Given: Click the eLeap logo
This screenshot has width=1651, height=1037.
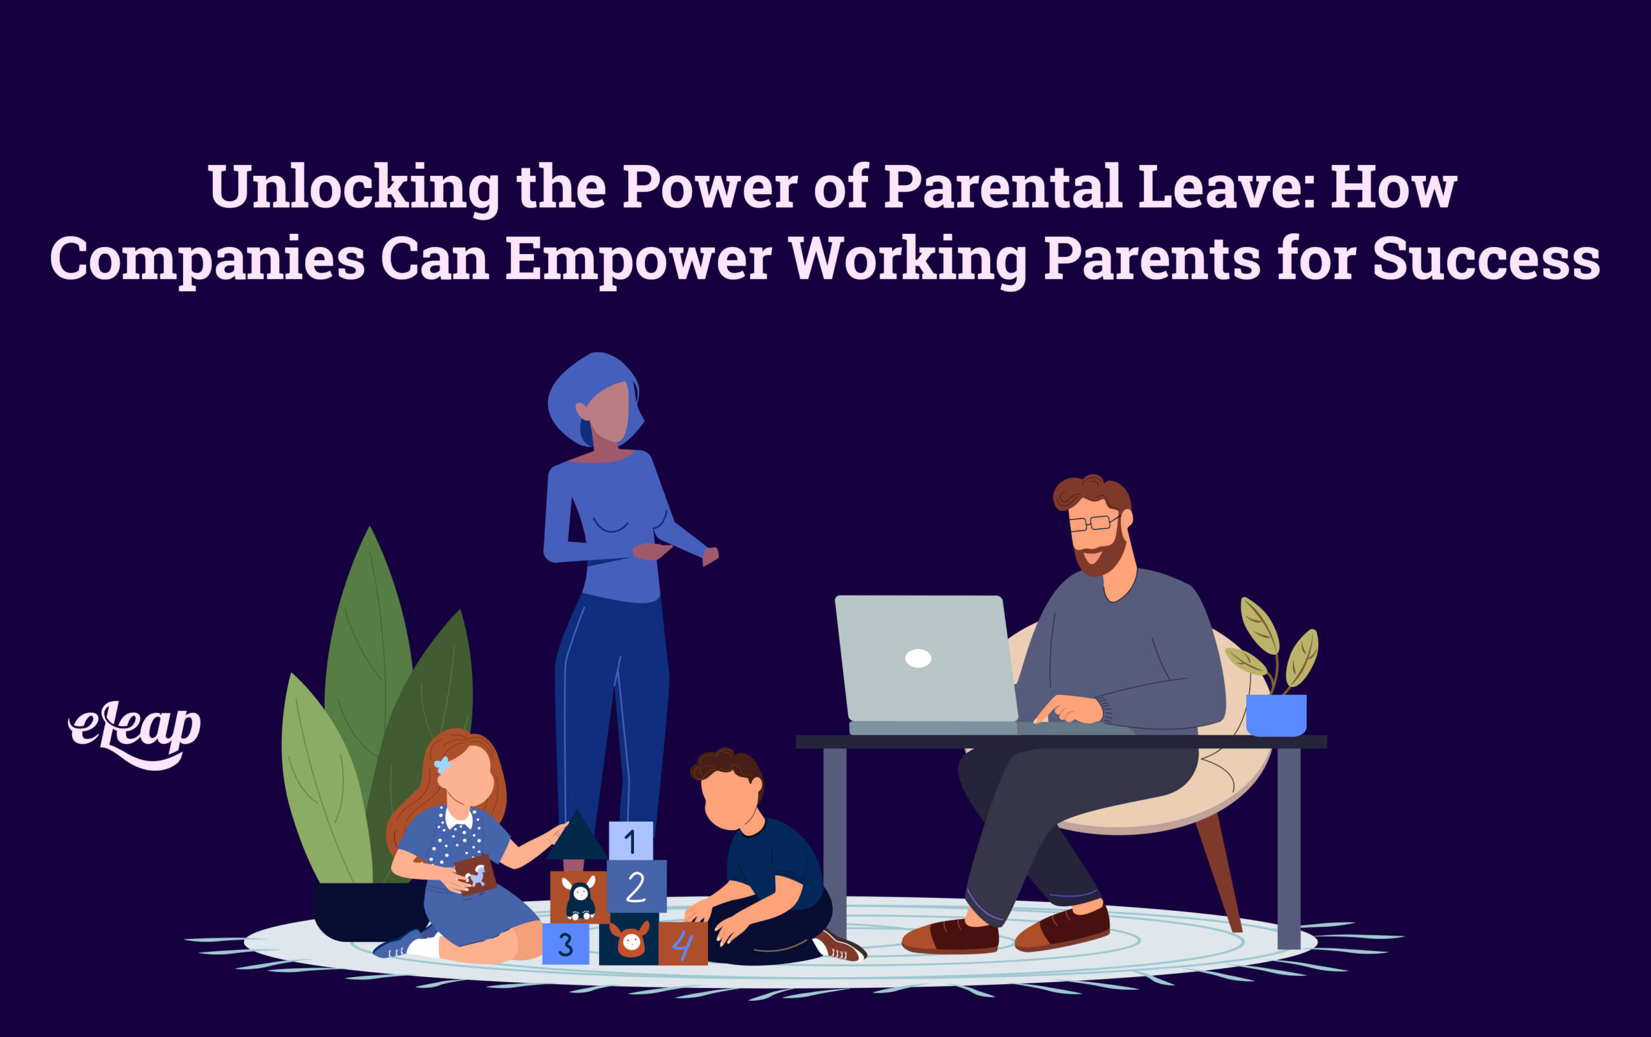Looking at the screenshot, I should tap(134, 734).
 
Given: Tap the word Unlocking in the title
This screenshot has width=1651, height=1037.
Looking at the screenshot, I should tap(354, 188).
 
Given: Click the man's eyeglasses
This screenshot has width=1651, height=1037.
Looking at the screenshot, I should tap(1094, 523).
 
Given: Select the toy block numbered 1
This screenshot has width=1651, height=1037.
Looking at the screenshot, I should tap(630, 840).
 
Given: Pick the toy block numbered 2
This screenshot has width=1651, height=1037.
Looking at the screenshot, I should tap(636, 886).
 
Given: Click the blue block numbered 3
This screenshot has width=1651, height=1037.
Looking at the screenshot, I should tap(565, 944).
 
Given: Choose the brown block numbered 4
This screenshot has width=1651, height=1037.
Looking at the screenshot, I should tap(682, 944).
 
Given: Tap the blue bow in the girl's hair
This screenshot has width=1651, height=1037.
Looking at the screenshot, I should tap(443, 765).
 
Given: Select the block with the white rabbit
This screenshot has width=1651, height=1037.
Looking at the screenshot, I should tap(579, 896).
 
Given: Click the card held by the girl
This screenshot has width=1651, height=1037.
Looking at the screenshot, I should tap(475, 875).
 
